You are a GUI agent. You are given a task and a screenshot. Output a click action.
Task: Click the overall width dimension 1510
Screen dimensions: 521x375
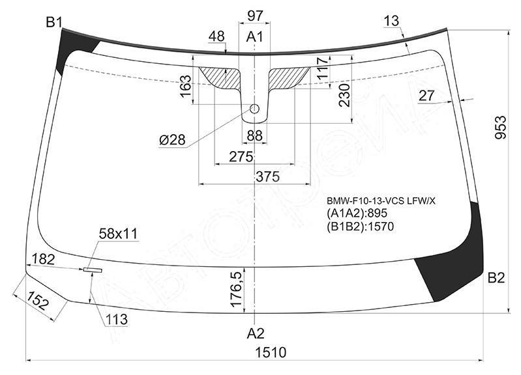click(x=271, y=352)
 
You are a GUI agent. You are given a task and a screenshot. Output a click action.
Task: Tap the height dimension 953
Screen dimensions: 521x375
click(x=500, y=128)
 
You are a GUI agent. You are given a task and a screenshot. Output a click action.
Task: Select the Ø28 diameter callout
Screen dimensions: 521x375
click(x=172, y=140)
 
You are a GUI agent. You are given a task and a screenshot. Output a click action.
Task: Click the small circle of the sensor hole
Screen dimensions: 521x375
click(x=254, y=109)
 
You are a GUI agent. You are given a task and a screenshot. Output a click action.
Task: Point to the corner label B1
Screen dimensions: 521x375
click(x=54, y=23)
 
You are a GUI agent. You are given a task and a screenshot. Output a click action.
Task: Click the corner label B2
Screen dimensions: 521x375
click(x=496, y=278)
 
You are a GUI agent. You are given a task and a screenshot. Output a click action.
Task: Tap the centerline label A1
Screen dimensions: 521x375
click(x=254, y=37)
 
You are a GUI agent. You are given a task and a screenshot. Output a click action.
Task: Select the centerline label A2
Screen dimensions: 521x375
click(x=255, y=333)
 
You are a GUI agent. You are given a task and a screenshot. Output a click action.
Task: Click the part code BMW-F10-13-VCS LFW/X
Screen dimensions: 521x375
click(x=381, y=201)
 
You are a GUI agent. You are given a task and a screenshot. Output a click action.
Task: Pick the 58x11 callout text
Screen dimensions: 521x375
click(x=118, y=234)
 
